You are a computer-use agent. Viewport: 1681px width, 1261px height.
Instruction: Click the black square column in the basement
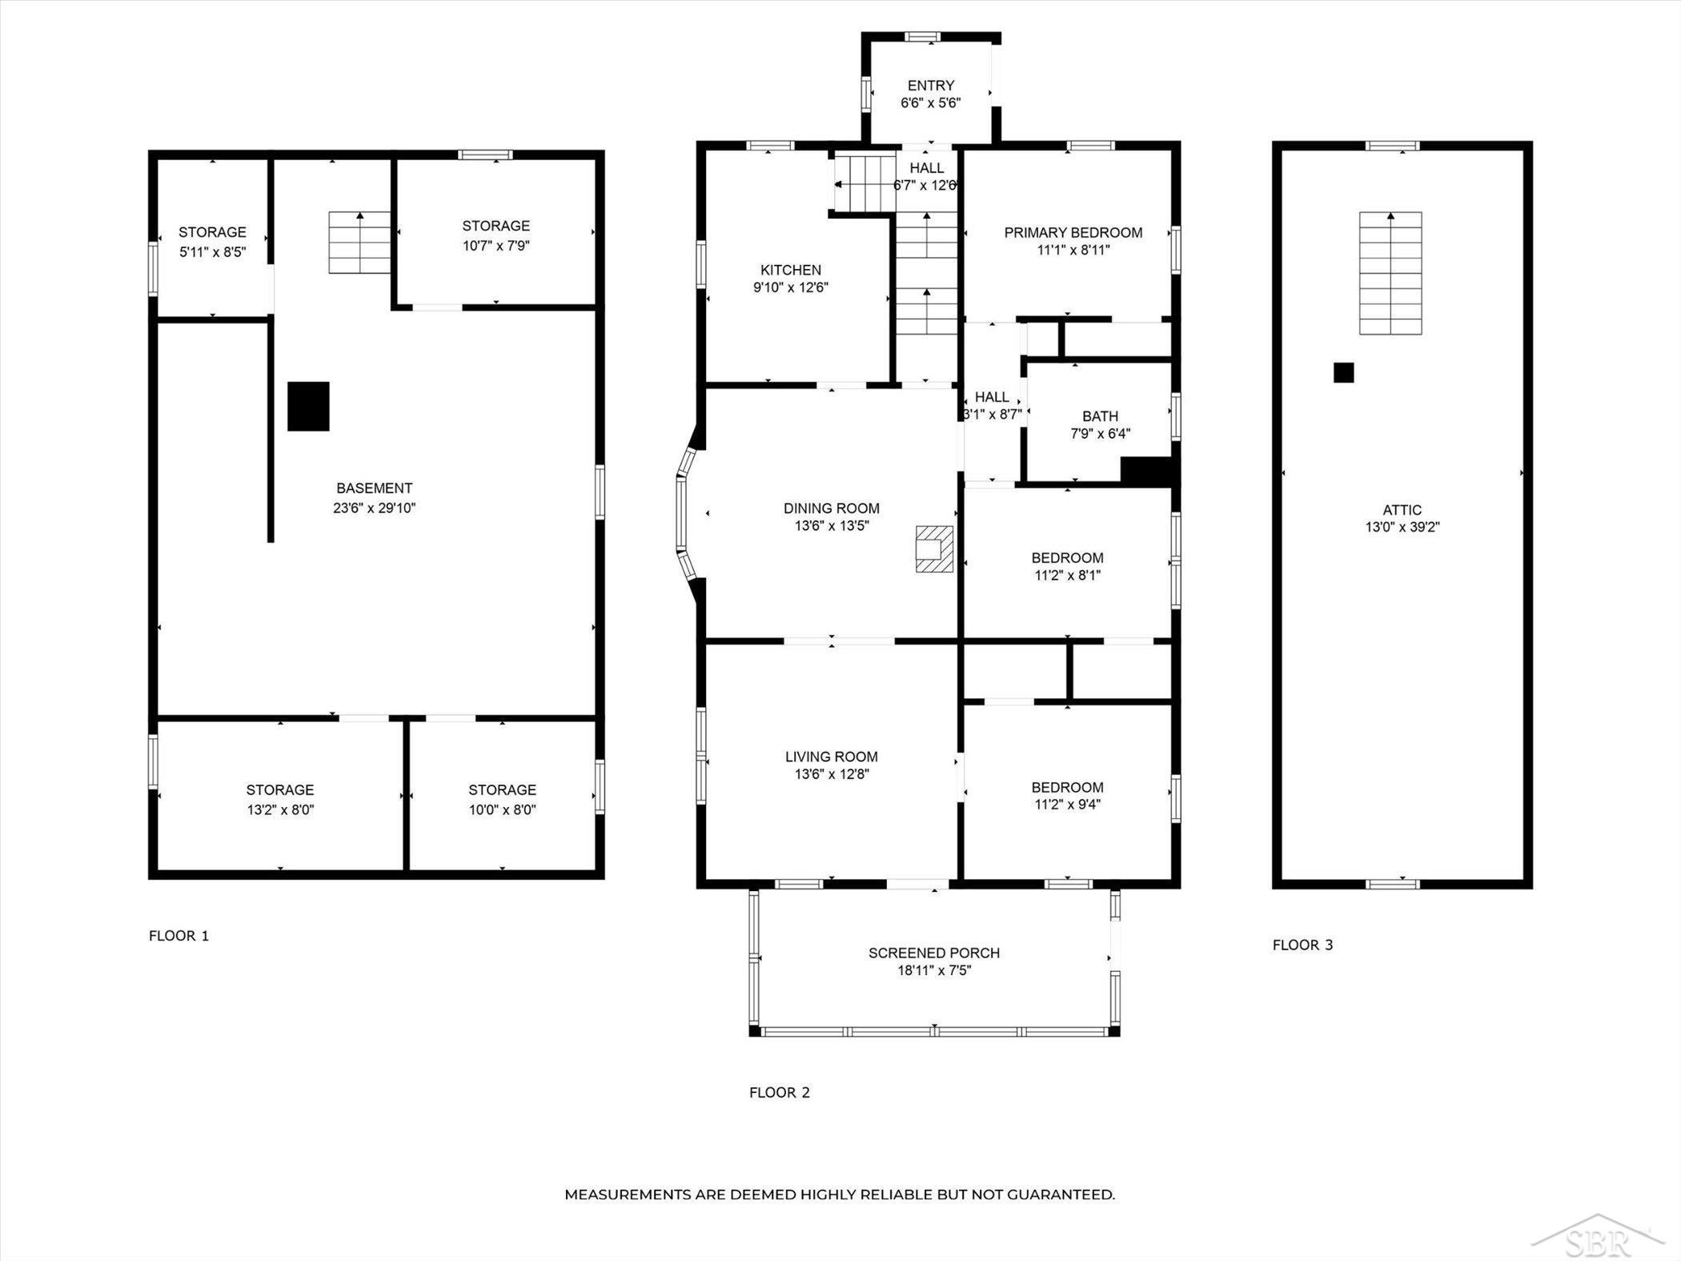click(x=308, y=406)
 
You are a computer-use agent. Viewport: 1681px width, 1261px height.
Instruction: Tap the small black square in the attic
click(x=1343, y=372)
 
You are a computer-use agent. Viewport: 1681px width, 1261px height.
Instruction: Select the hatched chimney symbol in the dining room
click(x=935, y=548)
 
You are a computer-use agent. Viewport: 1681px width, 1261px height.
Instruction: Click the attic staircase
click(x=1390, y=273)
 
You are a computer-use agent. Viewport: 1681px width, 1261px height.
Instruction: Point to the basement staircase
click(x=359, y=242)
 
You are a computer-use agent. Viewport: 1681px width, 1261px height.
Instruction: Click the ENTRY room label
click(x=931, y=85)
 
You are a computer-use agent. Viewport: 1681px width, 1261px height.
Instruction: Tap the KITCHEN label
click(x=791, y=270)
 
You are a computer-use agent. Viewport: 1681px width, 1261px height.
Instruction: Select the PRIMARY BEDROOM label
click(x=1073, y=232)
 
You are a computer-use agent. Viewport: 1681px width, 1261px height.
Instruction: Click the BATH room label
click(x=1100, y=416)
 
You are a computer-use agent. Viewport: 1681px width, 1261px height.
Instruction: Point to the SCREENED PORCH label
click(x=934, y=953)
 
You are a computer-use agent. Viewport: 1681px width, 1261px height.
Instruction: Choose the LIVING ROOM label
click(x=832, y=757)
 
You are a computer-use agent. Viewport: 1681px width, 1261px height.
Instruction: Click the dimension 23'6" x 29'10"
click(x=375, y=508)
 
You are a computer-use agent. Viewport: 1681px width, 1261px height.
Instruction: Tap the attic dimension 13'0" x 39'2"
click(x=1402, y=527)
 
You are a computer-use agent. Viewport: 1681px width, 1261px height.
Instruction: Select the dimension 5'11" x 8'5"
click(x=212, y=251)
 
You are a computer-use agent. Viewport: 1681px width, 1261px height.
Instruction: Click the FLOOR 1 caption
click(x=179, y=935)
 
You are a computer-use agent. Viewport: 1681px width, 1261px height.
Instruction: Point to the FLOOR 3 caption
click(x=1303, y=945)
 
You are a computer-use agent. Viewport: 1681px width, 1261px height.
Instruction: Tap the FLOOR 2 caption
click(x=780, y=1092)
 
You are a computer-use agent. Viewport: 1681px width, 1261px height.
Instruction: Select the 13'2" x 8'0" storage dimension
click(x=280, y=809)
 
